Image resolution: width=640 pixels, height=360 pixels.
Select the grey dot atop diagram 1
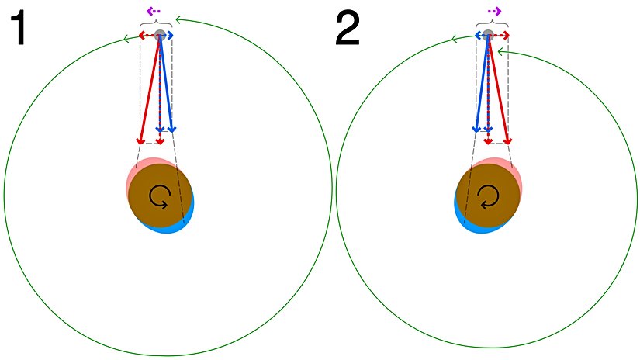click(x=161, y=36)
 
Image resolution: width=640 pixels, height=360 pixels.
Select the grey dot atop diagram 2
click(x=488, y=36)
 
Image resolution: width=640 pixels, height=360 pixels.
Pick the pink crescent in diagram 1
click(x=132, y=175)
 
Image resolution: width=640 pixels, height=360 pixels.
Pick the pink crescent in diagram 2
click(x=514, y=172)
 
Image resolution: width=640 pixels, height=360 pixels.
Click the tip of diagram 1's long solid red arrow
click(x=140, y=142)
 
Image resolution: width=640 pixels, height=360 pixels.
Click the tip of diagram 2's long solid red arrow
click(x=509, y=142)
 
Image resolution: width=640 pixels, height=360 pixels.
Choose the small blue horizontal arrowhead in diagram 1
click(x=170, y=36)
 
